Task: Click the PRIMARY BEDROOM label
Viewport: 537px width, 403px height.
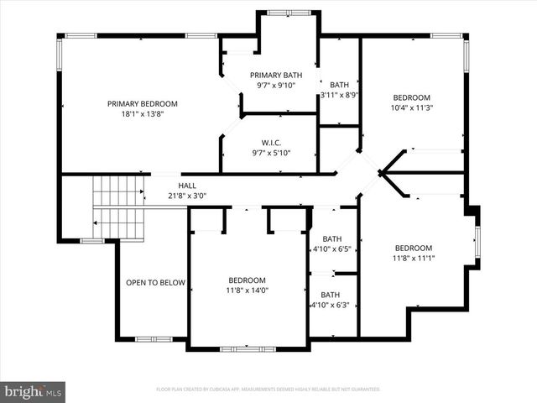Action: (x=142, y=104)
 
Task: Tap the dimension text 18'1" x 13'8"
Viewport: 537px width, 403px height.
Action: (x=142, y=114)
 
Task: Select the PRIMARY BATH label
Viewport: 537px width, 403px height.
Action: (x=276, y=74)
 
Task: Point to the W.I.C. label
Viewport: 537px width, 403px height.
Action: (x=269, y=141)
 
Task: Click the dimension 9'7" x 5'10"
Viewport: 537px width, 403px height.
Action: (x=269, y=152)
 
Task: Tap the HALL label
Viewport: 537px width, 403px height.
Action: (x=187, y=186)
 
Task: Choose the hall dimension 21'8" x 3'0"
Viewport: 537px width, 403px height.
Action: (x=187, y=196)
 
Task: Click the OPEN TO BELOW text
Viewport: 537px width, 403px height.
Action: (x=155, y=283)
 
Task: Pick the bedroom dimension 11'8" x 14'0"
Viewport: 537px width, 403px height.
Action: (x=247, y=290)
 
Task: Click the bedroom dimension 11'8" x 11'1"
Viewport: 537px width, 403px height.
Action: (x=413, y=259)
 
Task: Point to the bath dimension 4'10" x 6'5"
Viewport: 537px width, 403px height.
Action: (x=331, y=249)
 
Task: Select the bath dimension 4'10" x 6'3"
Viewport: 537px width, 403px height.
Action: (x=331, y=306)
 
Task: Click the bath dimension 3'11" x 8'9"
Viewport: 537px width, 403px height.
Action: (x=339, y=95)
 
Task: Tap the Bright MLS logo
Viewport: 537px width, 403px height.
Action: (x=34, y=391)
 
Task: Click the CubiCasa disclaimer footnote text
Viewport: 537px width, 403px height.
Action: (x=268, y=390)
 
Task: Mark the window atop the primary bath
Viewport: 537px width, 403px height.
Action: (x=288, y=13)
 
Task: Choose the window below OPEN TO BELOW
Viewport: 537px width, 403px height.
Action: (x=154, y=339)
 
